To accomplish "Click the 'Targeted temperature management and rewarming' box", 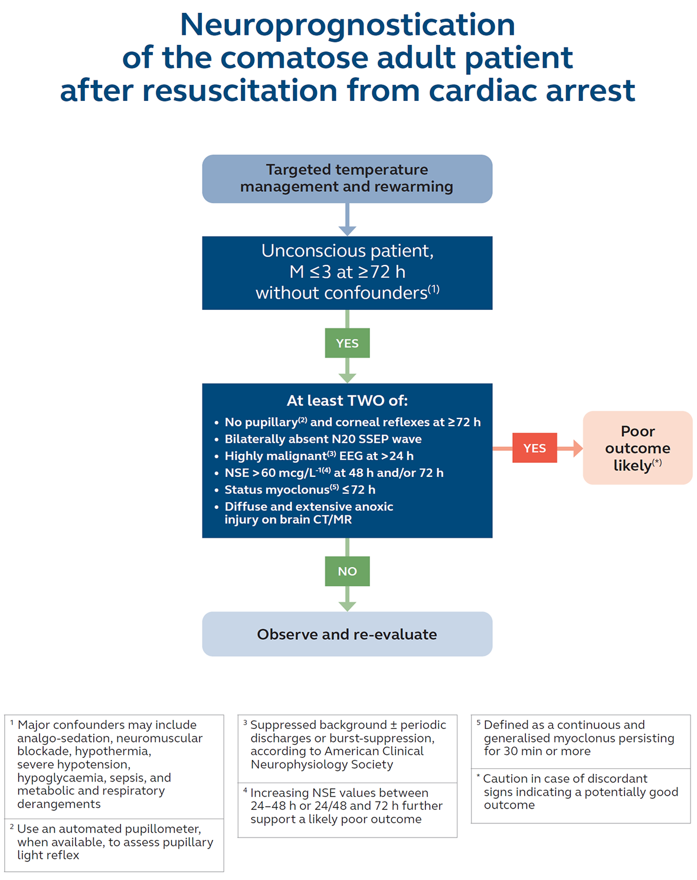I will point(347,178).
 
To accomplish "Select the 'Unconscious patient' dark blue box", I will point(347,272).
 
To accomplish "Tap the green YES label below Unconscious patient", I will point(347,343).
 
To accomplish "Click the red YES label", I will point(534,448).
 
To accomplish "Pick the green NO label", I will point(347,571).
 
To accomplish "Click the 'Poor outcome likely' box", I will point(637,448).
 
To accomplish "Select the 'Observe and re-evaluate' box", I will point(347,634).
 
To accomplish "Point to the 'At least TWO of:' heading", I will point(347,401).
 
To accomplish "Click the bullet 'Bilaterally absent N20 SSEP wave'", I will point(323,439).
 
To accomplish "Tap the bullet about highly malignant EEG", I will point(319,456).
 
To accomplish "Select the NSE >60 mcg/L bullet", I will point(333,473).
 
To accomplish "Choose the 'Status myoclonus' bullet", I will point(300,490).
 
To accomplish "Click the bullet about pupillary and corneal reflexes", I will point(352,422).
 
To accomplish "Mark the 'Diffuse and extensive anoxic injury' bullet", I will point(308,513).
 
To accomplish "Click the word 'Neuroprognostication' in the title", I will point(347,25).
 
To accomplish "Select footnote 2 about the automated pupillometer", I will point(114,842).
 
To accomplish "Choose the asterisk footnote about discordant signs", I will point(580,791).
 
